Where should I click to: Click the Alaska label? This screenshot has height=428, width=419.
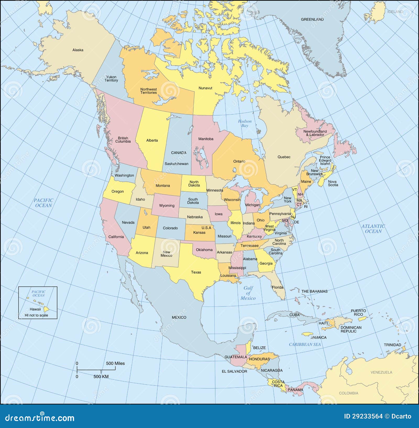(x=78, y=50)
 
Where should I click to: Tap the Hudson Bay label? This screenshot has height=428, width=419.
(x=245, y=123)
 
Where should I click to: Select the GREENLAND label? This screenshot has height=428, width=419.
(x=312, y=19)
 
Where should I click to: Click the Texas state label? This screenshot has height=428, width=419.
(x=196, y=272)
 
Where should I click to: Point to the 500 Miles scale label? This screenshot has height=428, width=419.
(x=115, y=363)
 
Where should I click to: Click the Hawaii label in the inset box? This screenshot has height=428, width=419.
(x=35, y=309)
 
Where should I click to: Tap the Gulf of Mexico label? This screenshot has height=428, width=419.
(x=248, y=293)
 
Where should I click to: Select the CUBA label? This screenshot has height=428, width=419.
(x=294, y=315)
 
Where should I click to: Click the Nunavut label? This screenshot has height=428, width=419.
(x=205, y=88)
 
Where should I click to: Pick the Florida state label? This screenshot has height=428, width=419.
(x=278, y=287)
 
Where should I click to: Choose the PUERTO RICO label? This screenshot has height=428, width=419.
(x=358, y=313)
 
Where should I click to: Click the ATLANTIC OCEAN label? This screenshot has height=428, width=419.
(x=373, y=229)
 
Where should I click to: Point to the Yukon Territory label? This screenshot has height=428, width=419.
(x=111, y=79)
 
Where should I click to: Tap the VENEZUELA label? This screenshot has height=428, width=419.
(x=381, y=372)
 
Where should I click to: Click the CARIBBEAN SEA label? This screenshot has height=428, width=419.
(x=305, y=344)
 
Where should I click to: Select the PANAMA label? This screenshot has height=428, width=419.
(x=295, y=390)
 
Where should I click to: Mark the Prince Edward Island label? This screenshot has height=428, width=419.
(x=325, y=160)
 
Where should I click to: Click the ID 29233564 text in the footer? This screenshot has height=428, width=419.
(x=363, y=417)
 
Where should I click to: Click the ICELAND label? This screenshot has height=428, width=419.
(x=395, y=12)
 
